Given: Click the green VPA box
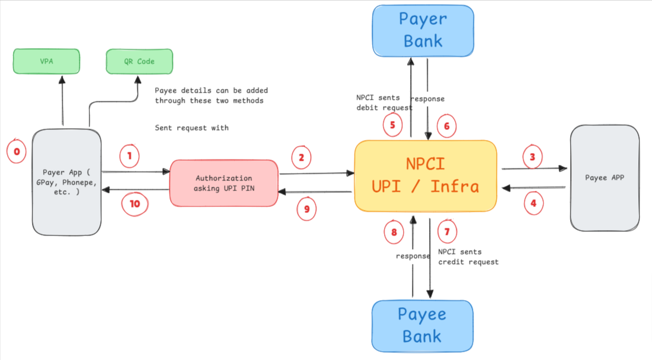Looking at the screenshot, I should pos(46,62).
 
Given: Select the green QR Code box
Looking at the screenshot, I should pos(139,62).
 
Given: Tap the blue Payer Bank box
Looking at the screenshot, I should pos(423,30).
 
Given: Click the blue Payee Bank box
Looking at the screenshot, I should pos(422,326).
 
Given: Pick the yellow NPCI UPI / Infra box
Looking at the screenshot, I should pos(426,176).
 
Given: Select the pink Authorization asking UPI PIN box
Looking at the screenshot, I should pos(223,183).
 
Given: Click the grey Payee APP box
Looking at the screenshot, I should pos(604,177).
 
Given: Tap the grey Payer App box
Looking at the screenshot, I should pos(66,183).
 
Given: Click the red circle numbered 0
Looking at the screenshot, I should pos(17,152).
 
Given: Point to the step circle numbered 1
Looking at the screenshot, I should pos(129,157).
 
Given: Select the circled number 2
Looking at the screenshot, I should pos(301,158).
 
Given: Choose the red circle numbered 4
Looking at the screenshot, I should pos(533,203).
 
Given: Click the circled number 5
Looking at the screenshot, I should pos(392,125).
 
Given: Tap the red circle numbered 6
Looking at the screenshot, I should pos(447,126).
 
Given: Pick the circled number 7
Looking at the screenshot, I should pos(447,232).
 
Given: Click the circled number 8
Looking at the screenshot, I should pos(394,233).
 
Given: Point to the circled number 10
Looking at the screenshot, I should pos(135,204).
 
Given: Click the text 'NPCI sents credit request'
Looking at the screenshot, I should pos(468,257).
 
